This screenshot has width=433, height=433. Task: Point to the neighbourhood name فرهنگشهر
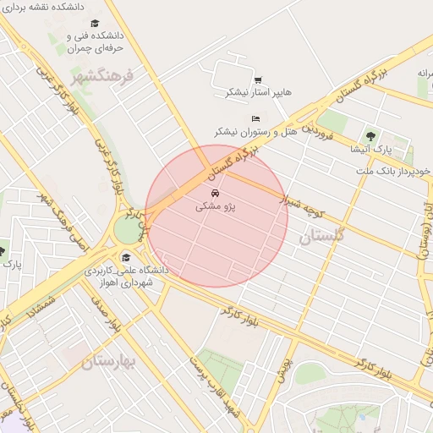click(x=103, y=77)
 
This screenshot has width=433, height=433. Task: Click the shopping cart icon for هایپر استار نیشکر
click(x=257, y=80)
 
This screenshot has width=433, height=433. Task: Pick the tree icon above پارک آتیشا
click(x=370, y=135)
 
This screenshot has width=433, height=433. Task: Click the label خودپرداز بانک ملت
click(x=394, y=170)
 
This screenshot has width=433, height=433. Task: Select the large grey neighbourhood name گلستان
click(x=322, y=236)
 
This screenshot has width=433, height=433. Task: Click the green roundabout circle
click(x=128, y=229)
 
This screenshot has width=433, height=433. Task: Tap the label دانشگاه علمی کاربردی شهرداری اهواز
click(x=127, y=276)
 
